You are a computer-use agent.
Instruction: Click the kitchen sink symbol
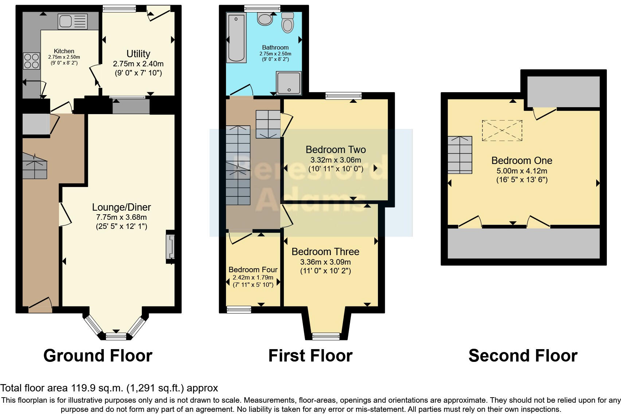(73, 21)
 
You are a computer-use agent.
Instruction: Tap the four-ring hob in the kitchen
(31, 61)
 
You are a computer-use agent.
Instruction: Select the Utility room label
(138, 54)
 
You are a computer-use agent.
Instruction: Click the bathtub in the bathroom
(237, 38)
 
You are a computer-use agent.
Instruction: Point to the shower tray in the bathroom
(289, 83)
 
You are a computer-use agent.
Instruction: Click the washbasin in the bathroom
(264, 19)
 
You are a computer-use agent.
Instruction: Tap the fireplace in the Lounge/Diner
(171, 247)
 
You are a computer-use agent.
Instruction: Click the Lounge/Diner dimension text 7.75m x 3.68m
(121, 217)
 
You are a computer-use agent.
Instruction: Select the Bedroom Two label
(336, 149)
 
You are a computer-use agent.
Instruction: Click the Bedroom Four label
(253, 270)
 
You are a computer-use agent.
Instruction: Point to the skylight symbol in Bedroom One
(502, 130)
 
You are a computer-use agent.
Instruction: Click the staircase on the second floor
(460, 155)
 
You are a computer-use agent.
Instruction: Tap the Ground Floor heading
(98, 356)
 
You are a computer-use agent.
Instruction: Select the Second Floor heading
(523, 356)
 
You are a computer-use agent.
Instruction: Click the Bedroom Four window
(239, 310)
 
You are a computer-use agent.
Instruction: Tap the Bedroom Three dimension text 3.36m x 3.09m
(325, 262)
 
